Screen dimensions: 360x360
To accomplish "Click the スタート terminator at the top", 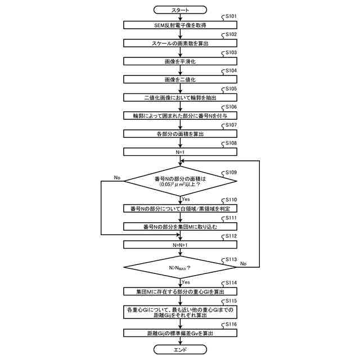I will (x=179, y=10).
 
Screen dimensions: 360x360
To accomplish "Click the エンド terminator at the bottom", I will (x=179, y=349).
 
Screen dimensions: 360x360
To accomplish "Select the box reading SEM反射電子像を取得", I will (x=179, y=25).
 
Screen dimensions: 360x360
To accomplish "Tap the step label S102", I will (x=230, y=35).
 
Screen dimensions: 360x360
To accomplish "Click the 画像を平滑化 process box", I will (x=179, y=61).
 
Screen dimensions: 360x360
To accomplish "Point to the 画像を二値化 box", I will (x=179, y=79).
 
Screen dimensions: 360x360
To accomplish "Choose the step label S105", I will (x=230, y=89).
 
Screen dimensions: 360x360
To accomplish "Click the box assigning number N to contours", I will (x=179, y=115).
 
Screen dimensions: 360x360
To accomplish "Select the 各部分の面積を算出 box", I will (x=179, y=133).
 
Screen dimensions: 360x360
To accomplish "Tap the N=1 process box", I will (x=179, y=151).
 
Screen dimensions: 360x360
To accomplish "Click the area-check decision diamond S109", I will (x=179, y=182).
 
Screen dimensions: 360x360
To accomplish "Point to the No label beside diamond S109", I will (x=117, y=178).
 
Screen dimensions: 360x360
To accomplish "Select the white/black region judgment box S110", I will (x=179, y=209).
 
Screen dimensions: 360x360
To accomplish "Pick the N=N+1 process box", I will (x=179, y=245).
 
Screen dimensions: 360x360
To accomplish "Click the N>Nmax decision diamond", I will (x=179, y=267).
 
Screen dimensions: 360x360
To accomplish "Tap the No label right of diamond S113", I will (x=243, y=263).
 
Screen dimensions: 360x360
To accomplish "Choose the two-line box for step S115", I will (x=179, y=312).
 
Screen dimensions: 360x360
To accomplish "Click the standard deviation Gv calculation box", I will (x=179, y=334).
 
